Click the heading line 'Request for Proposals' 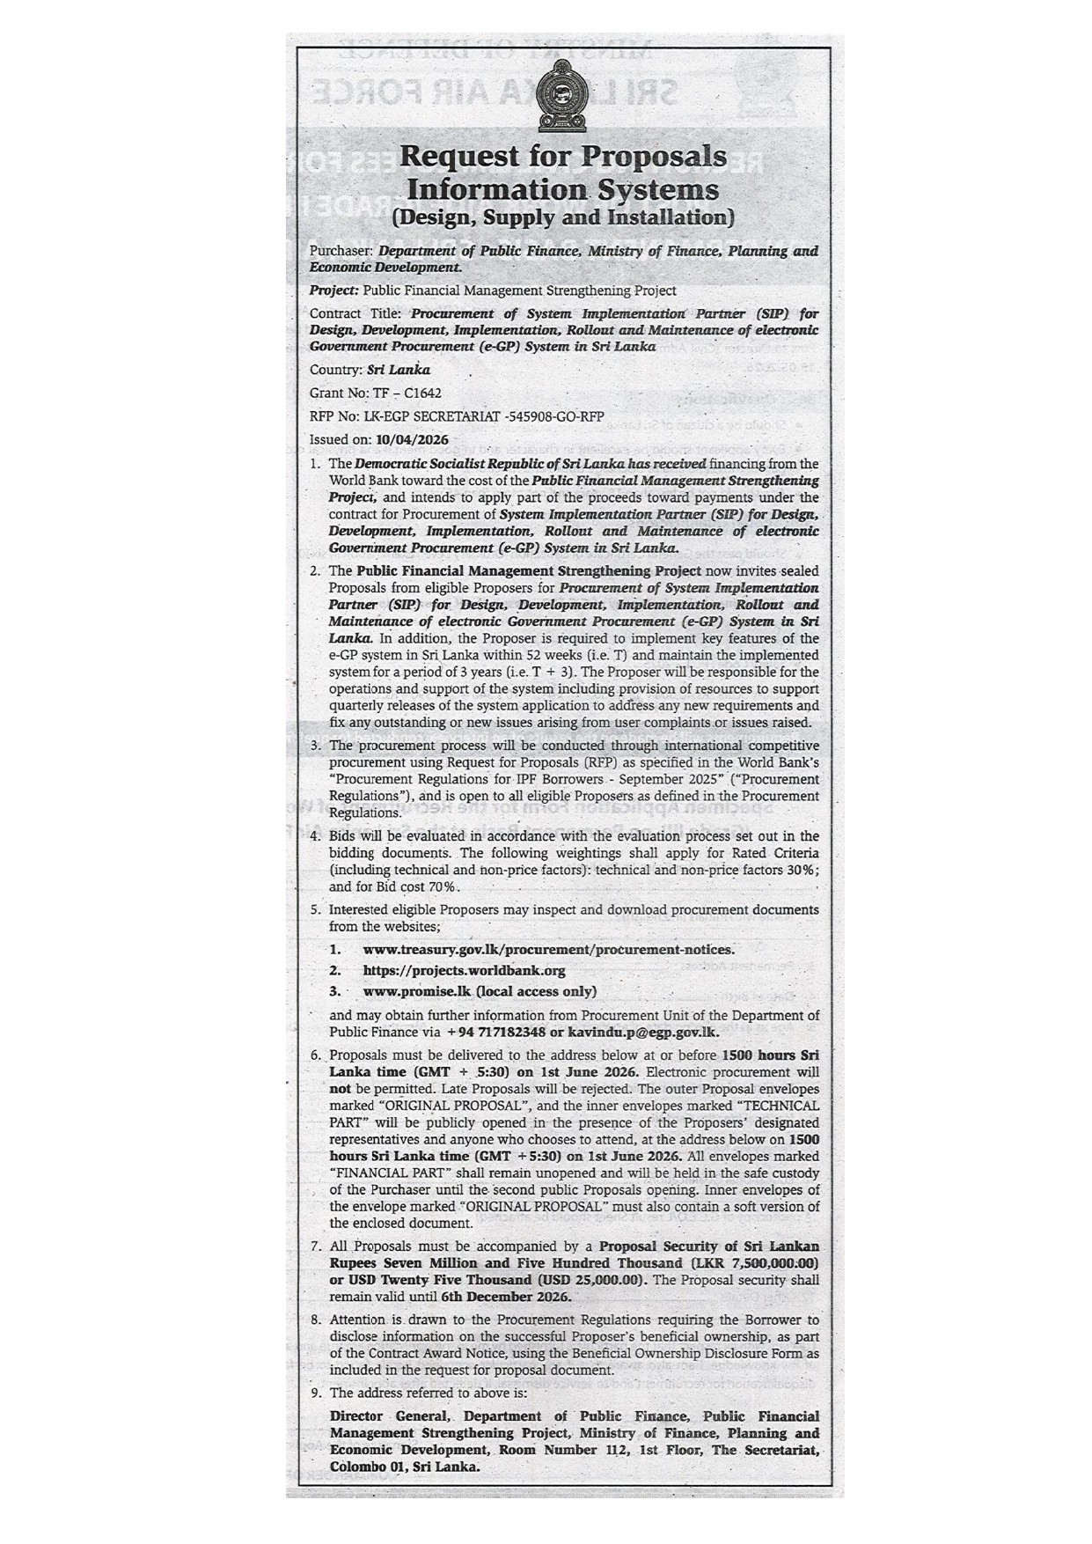tap(563, 156)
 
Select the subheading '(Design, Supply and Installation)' tap(563, 217)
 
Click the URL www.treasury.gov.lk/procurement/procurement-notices tap(548, 949)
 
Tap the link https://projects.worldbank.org tap(464, 970)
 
